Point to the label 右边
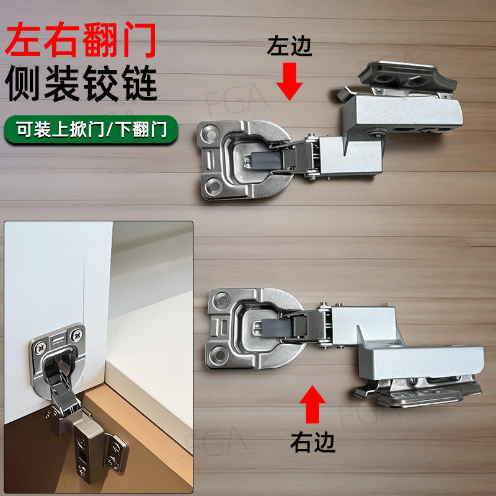tap(312, 441)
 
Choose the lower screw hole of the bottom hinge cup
tap(218, 354)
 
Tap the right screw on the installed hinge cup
tap(77, 334)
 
